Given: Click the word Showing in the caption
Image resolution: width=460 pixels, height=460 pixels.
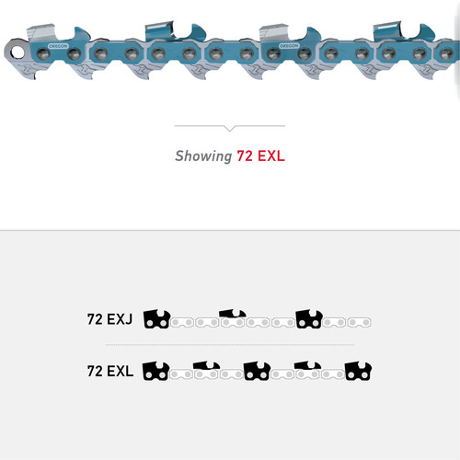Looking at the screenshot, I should point(203,156).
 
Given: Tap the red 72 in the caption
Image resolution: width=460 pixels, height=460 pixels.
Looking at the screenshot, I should point(246,156).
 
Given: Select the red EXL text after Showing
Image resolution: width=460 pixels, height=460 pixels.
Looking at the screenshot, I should point(271,156).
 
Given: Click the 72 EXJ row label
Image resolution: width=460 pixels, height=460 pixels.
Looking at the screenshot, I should point(109,320).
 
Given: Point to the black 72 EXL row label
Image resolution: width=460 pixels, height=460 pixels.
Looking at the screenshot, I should point(109,372).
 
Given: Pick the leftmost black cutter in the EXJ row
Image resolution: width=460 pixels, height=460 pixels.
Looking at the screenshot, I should point(157,319).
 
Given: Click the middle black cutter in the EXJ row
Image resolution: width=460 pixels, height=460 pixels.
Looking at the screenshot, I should point(233,319).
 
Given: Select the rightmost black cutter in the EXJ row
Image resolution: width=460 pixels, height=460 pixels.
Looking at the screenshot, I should point(308,319).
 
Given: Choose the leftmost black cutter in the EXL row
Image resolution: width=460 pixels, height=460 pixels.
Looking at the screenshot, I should point(157,371).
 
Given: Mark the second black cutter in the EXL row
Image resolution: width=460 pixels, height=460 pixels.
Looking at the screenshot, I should point(207,371).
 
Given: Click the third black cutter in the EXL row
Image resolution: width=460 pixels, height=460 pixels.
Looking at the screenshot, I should point(257,371).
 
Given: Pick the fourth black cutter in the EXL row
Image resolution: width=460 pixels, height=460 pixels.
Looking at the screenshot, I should point(307,371).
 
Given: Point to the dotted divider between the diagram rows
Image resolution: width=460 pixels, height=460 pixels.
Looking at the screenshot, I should point(230,345).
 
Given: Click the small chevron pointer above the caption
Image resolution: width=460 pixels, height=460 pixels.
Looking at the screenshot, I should point(230,128).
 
